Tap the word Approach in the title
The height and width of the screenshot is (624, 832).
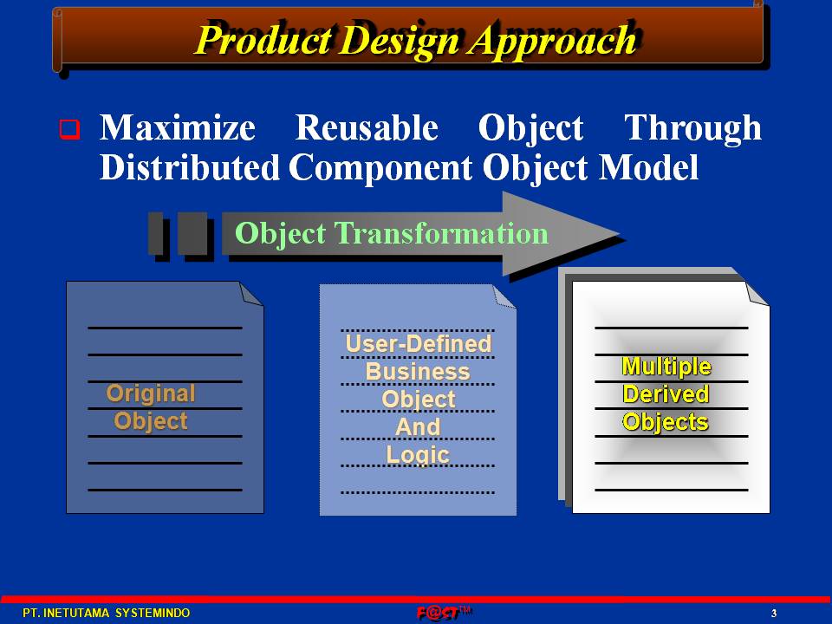pyautogui.click(x=552, y=42)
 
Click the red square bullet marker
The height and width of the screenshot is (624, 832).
pyautogui.click(x=69, y=129)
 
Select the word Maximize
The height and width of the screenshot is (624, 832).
pyautogui.click(x=177, y=128)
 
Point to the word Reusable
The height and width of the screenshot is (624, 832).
pyautogui.click(x=367, y=128)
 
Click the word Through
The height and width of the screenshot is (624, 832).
pyautogui.click(x=693, y=129)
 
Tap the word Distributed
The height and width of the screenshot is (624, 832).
pyautogui.click(x=190, y=167)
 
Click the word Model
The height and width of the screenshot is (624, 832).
pyautogui.click(x=648, y=167)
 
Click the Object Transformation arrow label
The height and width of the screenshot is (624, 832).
pyautogui.click(x=392, y=233)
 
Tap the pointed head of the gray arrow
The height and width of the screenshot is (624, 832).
pyautogui.click(x=618, y=232)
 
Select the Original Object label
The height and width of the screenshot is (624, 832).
pyautogui.click(x=151, y=407)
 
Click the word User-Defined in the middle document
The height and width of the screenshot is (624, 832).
pyautogui.click(x=419, y=344)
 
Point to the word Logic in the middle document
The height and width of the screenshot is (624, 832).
pyautogui.click(x=418, y=455)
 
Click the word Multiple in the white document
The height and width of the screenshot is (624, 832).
pyautogui.click(x=666, y=367)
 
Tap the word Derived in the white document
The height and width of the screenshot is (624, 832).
pyautogui.click(x=666, y=394)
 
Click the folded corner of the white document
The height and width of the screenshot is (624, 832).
pyautogui.click(x=757, y=294)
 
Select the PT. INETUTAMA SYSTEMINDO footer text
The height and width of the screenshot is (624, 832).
pyautogui.click(x=106, y=613)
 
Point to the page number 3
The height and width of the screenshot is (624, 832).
pyautogui.click(x=774, y=614)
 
